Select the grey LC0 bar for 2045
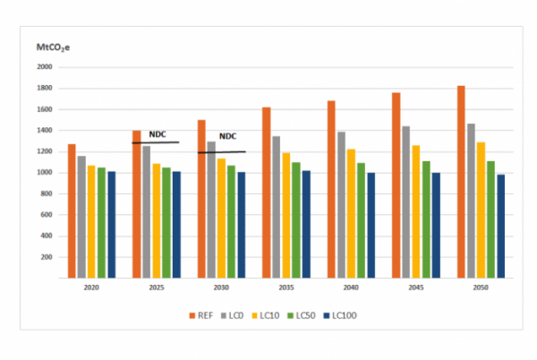coord(406,202)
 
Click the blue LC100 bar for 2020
coord(111,225)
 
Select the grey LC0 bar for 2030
coord(211,210)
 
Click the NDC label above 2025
coord(158,134)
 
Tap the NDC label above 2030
coord(228,137)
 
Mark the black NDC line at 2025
coord(156,143)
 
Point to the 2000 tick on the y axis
coord(45,67)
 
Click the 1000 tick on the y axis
coord(45,173)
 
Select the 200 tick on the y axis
coord(47,257)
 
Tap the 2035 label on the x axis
coord(286,288)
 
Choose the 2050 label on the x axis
coord(481,288)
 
